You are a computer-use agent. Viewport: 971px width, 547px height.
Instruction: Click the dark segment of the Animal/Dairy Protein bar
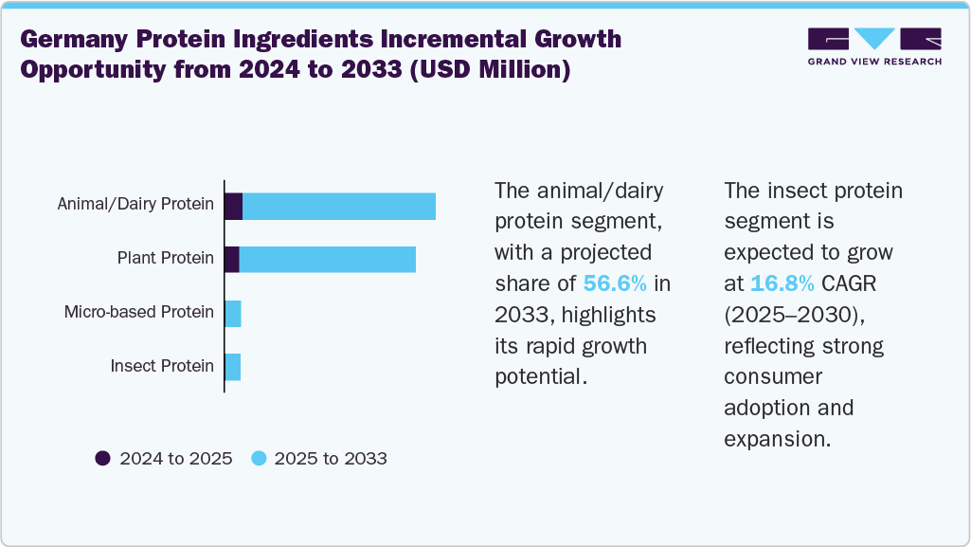233,207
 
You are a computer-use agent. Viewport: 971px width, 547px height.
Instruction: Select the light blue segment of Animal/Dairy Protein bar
339,207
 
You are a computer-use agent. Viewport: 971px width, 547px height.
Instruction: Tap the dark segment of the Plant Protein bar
231,259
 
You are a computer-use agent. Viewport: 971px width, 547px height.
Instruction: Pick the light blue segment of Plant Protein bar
327,259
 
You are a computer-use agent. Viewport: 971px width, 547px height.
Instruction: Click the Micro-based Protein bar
233,314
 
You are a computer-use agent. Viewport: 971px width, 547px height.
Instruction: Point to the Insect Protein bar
233,367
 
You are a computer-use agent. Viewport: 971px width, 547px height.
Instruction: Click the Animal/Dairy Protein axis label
135,204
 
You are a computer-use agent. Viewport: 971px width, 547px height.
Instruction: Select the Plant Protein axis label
165,258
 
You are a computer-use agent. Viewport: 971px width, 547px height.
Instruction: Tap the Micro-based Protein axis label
138,312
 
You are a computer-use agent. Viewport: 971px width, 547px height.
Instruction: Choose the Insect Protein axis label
162,366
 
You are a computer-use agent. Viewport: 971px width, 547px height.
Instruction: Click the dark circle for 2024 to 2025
103,459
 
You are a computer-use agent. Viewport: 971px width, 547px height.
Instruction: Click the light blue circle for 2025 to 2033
259,459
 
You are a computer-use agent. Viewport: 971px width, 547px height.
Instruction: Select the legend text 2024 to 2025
175,459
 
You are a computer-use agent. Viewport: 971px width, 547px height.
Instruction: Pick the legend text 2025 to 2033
331,459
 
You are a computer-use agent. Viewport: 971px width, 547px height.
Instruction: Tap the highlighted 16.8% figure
782,283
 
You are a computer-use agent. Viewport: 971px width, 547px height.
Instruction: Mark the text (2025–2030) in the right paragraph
793,314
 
